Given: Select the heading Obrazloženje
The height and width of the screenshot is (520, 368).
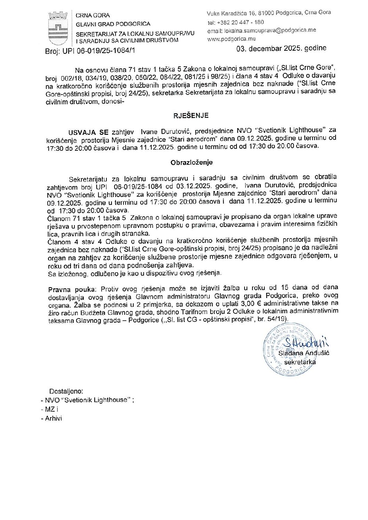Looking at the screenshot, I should [192, 162].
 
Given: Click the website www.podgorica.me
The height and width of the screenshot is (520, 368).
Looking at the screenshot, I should [231, 39].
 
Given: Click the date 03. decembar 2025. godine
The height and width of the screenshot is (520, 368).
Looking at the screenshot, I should [281, 48].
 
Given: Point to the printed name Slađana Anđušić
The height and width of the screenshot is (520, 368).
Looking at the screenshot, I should [304, 353].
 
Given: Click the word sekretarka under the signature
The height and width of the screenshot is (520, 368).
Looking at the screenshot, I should [300, 362].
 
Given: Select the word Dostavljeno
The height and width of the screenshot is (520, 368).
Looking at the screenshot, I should [66, 391].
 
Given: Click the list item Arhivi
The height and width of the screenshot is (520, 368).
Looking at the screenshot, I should [53, 418].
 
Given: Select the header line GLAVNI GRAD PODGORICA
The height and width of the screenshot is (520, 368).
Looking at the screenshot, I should [113, 24].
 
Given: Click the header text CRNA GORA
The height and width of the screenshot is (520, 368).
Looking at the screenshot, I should [93, 16].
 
